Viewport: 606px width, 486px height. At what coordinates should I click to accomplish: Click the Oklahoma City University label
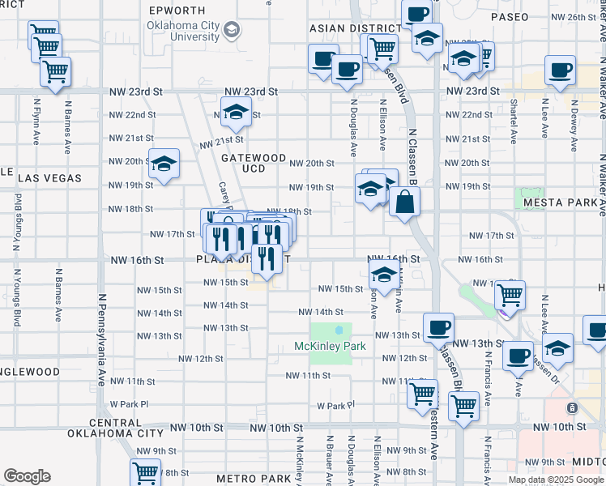click(x=183, y=31)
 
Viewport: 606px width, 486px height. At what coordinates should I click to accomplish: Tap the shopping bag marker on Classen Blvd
click(x=404, y=203)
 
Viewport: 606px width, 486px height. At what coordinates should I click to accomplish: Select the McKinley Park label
click(x=330, y=346)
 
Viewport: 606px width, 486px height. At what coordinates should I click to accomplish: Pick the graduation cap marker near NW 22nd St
click(x=236, y=113)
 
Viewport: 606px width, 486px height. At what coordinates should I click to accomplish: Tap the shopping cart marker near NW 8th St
click(x=145, y=472)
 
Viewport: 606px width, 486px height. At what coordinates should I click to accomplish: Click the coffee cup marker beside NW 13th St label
click(x=438, y=328)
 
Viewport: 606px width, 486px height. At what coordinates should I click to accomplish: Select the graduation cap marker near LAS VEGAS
click(x=164, y=165)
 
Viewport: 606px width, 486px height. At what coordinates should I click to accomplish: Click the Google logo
click(x=28, y=476)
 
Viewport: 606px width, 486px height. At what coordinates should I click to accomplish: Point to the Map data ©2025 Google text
click(x=556, y=480)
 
